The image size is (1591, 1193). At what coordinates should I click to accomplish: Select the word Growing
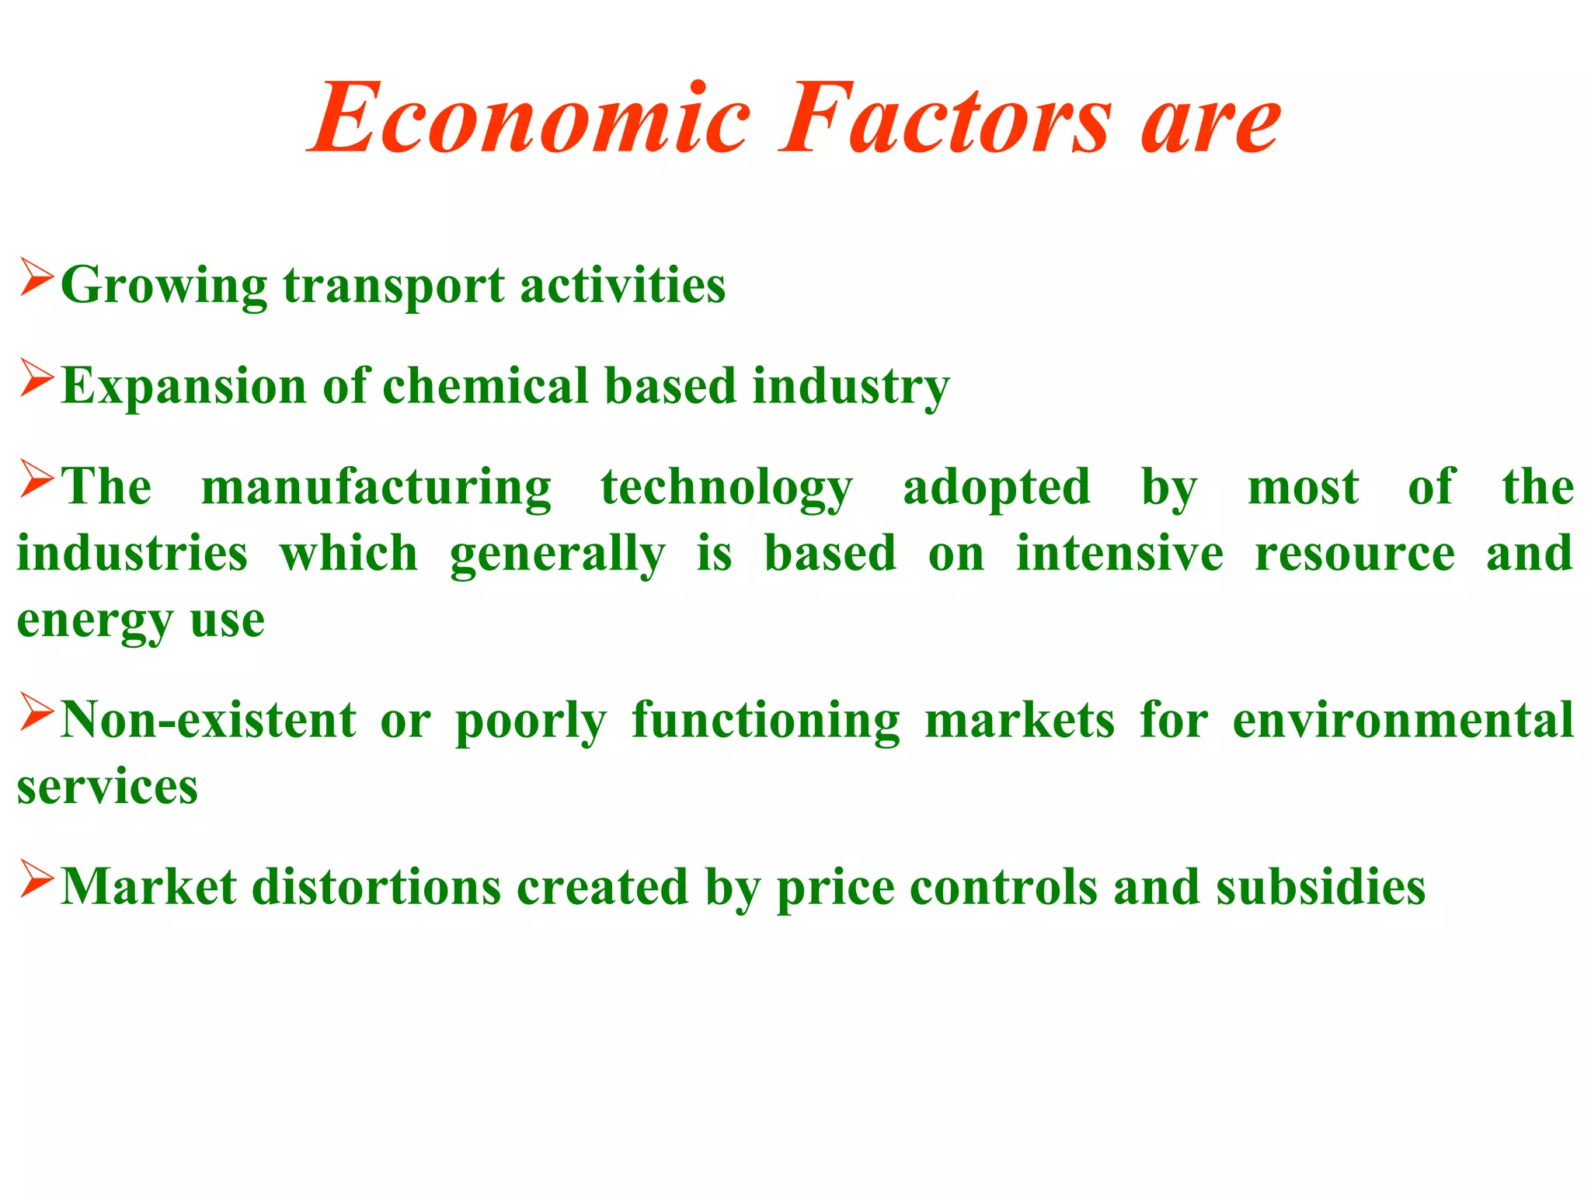[164, 286]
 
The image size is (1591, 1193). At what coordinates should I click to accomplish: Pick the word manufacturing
[376, 488]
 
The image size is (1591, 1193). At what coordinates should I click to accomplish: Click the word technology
[726, 488]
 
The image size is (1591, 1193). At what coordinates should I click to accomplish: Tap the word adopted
[997, 488]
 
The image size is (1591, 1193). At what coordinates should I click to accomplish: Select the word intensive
[1119, 554]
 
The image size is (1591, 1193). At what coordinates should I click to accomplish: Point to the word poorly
[530, 721]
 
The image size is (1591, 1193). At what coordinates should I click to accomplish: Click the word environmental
[1403, 721]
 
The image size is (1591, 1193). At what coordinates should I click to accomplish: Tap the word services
[107, 787]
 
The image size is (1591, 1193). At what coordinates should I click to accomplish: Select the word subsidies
[1320, 887]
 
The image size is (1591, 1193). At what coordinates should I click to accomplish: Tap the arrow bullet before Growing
[37, 277]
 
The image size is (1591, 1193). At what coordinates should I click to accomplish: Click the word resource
[1354, 554]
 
